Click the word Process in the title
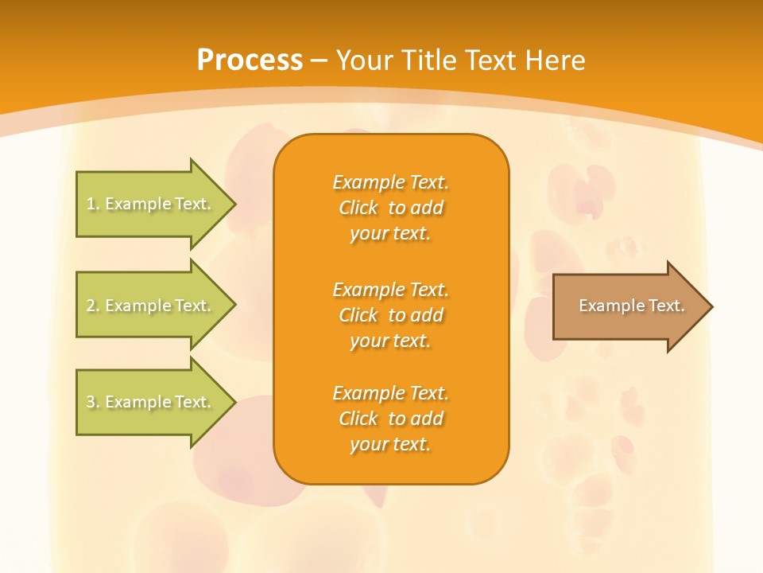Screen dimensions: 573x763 [x=250, y=60]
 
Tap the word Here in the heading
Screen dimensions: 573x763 [x=556, y=60]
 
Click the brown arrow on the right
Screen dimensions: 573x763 [x=628, y=306]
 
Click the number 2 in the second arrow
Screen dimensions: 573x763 [x=91, y=306]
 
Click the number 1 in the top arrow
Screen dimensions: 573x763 [x=91, y=204]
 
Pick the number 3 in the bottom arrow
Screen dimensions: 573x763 [x=91, y=402]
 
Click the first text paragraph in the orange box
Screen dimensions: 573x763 [x=390, y=208]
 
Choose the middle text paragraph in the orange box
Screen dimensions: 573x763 [x=390, y=314]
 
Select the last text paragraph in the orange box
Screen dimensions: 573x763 [x=390, y=419]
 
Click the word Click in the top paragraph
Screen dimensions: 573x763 [x=358, y=208]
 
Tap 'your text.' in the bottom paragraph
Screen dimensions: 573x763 [x=390, y=444]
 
